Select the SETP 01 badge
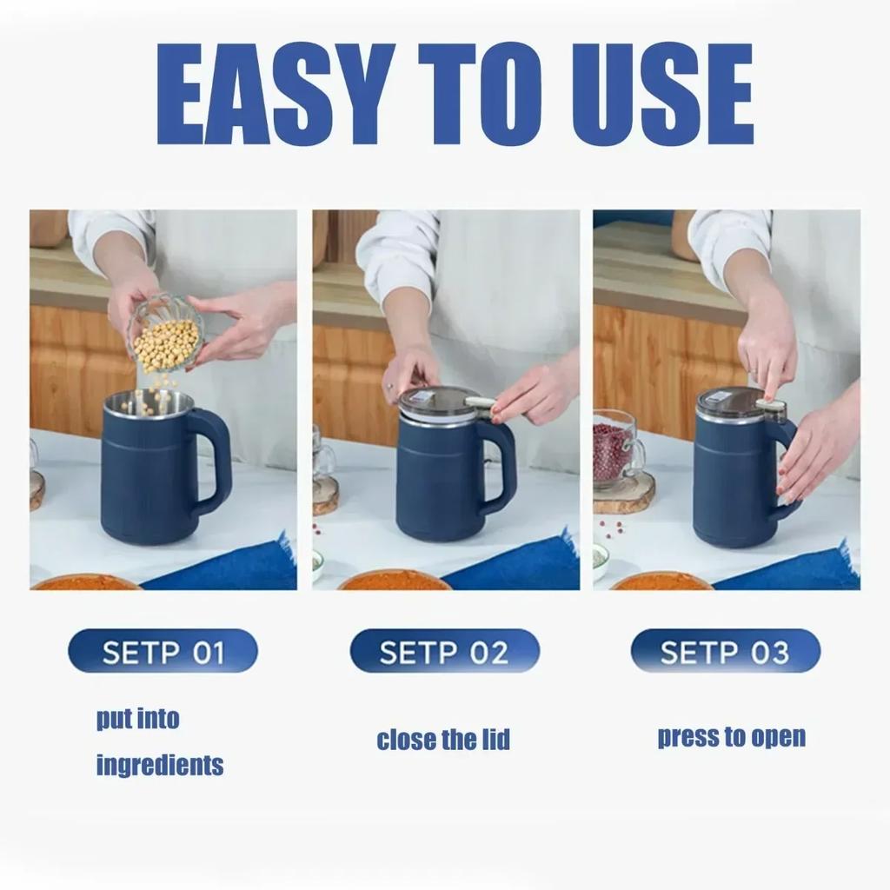click(163, 651)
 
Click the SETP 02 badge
click(444, 651)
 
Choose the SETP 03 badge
click(725, 651)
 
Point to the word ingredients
click(159, 766)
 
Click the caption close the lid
click(443, 741)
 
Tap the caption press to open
click(731, 737)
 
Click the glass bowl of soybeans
click(165, 335)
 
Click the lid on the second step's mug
click(439, 402)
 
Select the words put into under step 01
click(137, 719)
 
